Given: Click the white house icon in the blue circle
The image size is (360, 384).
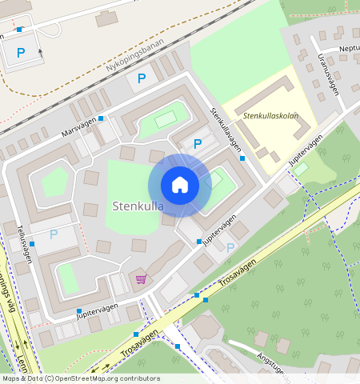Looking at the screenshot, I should click(x=180, y=186).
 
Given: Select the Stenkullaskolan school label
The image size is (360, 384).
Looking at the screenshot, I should click(x=270, y=116).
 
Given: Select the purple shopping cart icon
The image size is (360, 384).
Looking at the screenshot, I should click(x=142, y=278).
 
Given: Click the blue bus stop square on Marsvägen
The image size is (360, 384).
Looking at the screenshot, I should click(x=101, y=118).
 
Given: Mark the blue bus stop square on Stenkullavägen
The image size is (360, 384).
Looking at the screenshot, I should click(x=242, y=158).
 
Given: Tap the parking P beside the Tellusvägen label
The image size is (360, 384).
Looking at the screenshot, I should click(x=54, y=234).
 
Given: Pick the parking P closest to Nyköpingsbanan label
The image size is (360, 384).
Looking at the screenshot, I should click(x=142, y=78).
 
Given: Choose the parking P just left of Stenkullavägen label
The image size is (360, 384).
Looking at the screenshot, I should click(x=198, y=144).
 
